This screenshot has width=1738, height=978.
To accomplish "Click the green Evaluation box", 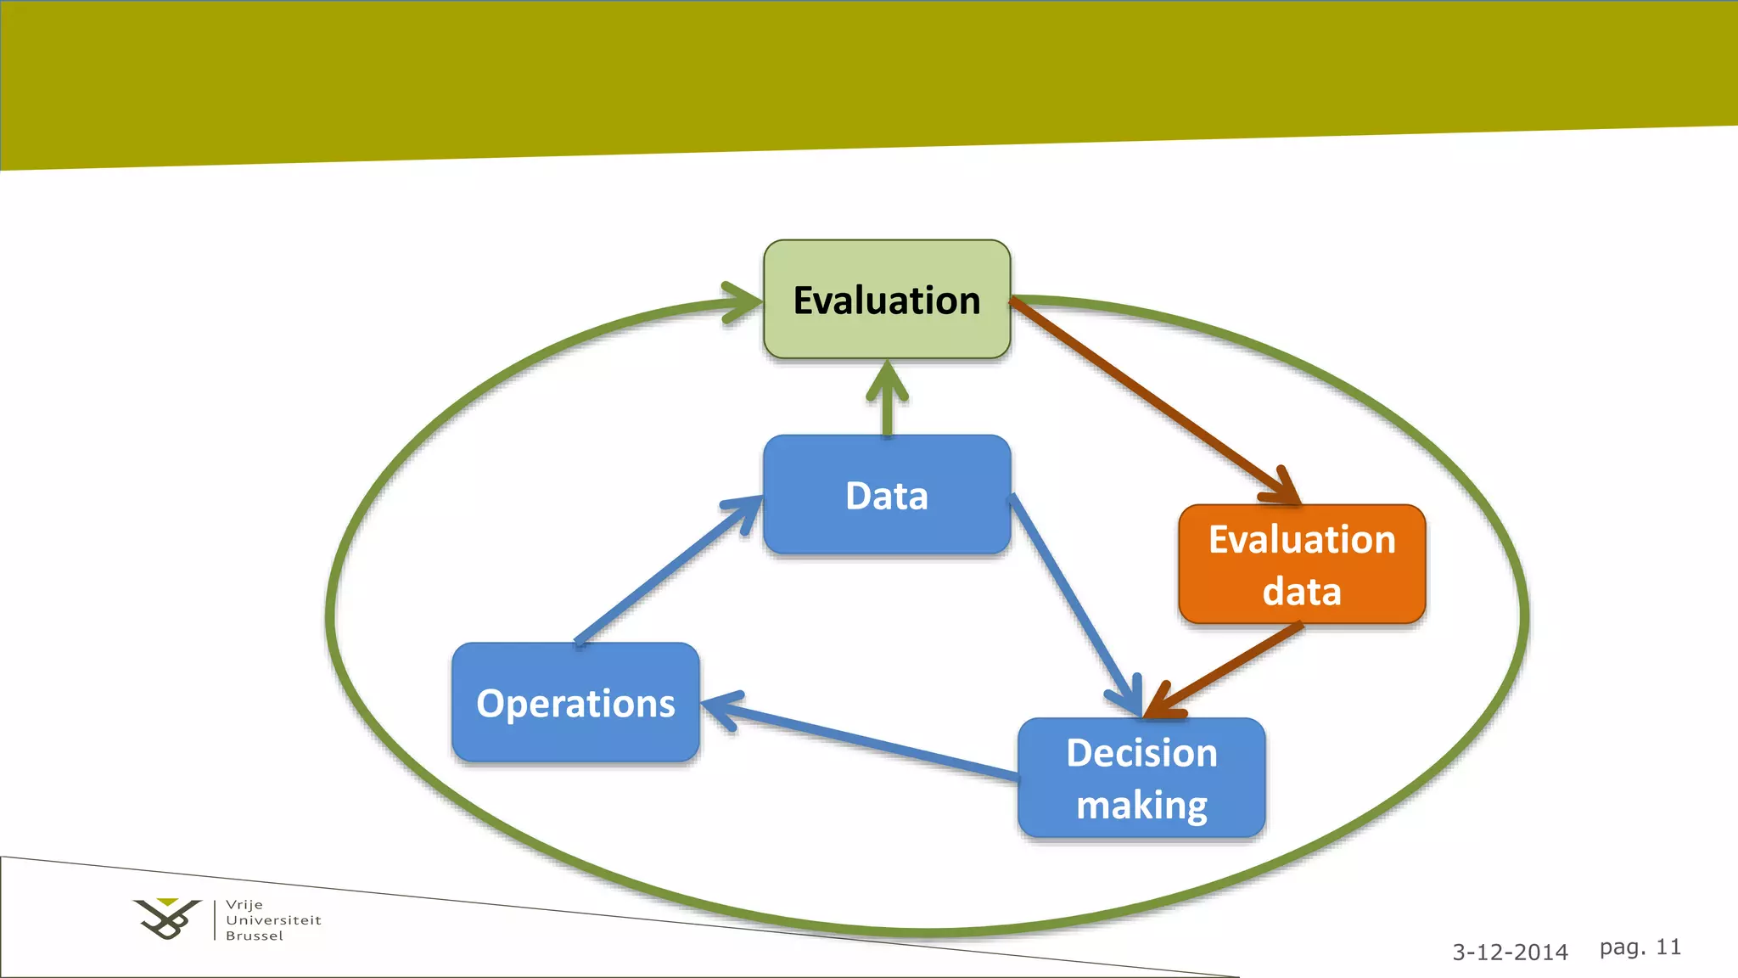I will pos(887,299).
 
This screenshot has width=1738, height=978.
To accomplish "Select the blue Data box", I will pos(887,495).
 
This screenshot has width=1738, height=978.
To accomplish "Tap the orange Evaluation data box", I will pos(1302,565).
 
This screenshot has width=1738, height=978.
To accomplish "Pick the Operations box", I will pos(575,703).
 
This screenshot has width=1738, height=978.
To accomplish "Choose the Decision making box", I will pos(1141,778).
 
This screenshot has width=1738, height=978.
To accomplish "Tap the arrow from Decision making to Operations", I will pos(866,739).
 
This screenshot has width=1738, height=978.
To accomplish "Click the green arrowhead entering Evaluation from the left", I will pos(740,302).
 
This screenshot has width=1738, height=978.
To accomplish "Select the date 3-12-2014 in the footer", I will pos(1510,953).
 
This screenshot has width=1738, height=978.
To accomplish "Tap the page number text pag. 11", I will pos(1640,947).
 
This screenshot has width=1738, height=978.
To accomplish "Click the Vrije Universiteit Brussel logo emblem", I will pos(167,919).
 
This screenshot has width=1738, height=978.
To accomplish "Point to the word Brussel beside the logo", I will pos(255,936).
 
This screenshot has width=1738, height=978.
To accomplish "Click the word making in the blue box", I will pos(1141,805).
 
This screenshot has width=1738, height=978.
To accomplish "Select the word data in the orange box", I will pos(1302,592).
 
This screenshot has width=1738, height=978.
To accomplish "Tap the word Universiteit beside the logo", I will pos(273,920).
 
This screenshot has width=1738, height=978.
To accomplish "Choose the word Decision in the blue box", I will pos(1141,753).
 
